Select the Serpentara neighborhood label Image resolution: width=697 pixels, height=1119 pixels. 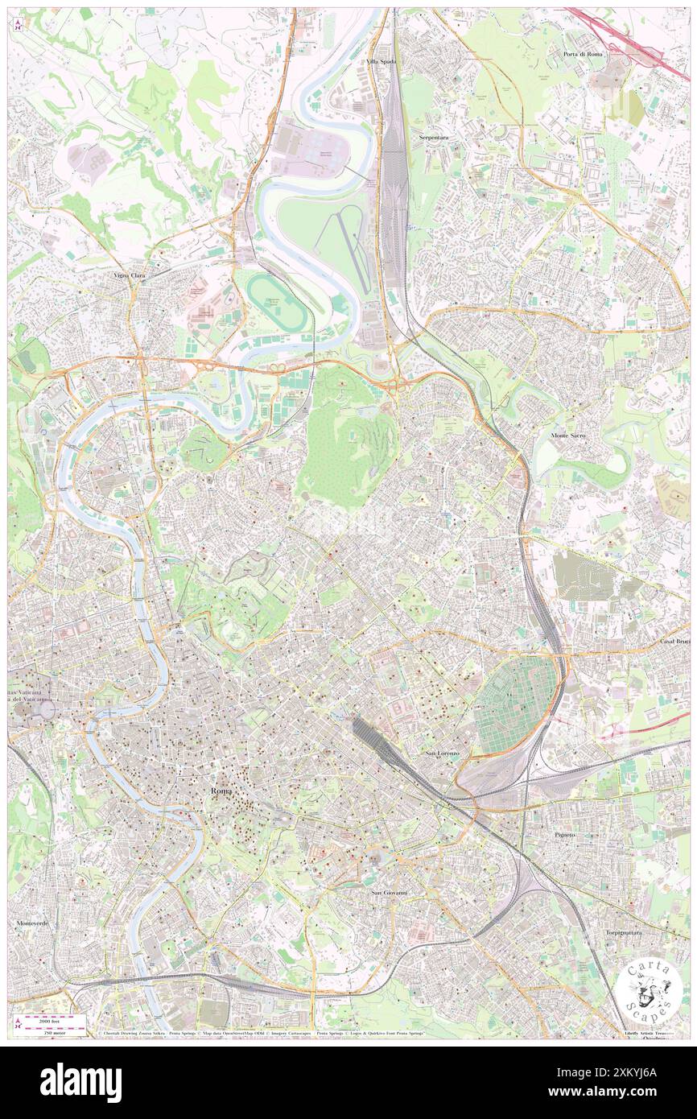[433, 138]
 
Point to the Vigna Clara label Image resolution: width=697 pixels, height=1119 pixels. [129, 275]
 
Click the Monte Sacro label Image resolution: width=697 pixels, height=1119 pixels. [568, 435]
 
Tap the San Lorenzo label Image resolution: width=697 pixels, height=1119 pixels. [442, 753]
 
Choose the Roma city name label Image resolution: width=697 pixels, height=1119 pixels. [221, 791]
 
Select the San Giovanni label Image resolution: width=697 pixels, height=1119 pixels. [390, 892]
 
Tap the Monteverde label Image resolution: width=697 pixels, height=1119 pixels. [33, 923]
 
